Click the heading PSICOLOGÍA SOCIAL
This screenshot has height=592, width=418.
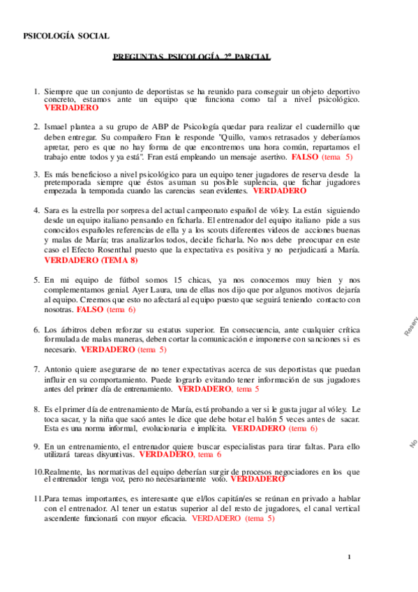point(66,36)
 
